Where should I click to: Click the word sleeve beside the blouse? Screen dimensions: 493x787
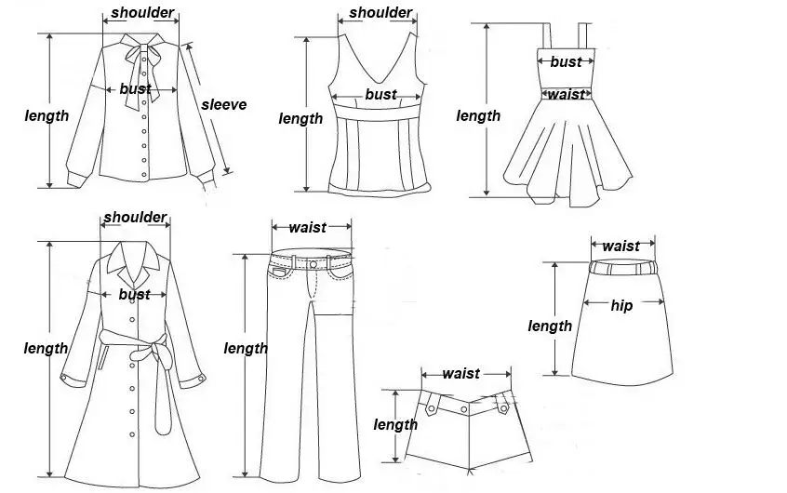click(224, 104)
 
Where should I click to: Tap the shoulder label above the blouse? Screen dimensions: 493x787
click(142, 14)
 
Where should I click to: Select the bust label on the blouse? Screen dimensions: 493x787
click(135, 89)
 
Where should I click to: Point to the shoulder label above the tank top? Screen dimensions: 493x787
click(381, 12)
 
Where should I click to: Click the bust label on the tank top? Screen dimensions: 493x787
click(380, 94)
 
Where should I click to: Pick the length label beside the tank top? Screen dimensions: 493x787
click(301, 118)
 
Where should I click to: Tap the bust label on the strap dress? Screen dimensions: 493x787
click(566, 61)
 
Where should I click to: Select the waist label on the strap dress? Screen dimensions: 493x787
click(566, 94)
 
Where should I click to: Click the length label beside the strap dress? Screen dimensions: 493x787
click(478, 115)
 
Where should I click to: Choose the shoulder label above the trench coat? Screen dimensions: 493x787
click(135, 217)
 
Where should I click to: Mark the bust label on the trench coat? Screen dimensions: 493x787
click(135, 294)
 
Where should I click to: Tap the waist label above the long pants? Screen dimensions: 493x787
click(308, 227)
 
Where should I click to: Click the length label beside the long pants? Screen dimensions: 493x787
click(246, 348)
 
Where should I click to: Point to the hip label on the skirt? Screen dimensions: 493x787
click(621, 305)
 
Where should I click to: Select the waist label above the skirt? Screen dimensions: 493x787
click(620, 246)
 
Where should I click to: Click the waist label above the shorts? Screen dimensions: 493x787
click(460, 373)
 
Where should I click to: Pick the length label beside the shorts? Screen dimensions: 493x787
click(395, 424)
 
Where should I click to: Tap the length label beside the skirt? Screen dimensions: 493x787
click(550, 326)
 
